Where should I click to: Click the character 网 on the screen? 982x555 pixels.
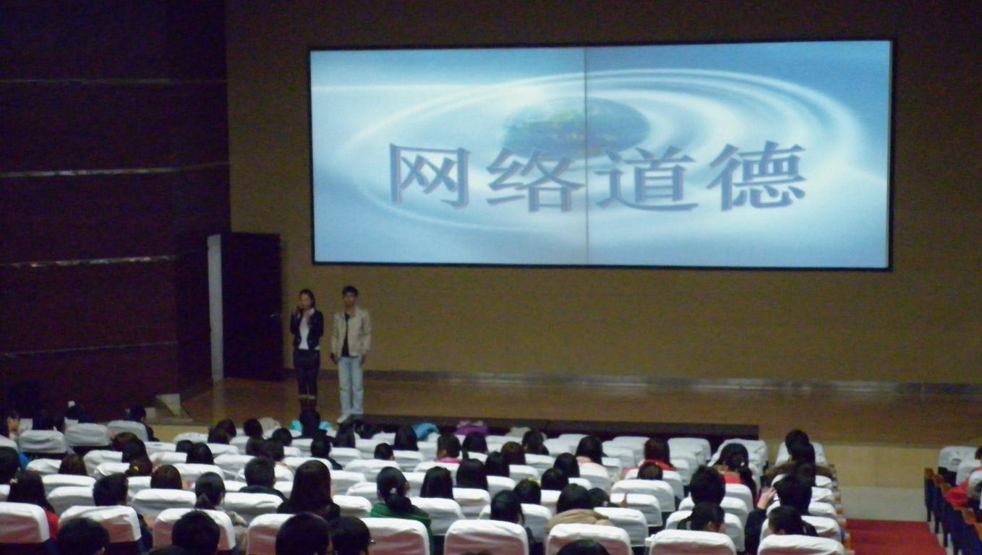click(x=430, y=176)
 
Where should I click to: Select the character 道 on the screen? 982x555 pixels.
click(x=647, y=177)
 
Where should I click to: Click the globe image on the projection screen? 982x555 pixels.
click(x=574, y=127)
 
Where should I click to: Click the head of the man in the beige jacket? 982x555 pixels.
click(x=350, y=298)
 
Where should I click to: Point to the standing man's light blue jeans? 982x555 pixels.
click(x=351, y=385)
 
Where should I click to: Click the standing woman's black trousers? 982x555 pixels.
click(x=307, y=373)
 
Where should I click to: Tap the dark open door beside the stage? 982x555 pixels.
click(x=252, y=306)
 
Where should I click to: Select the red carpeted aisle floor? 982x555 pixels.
click(x=895, y=537)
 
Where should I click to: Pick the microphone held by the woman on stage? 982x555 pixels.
click(x=300, y=311)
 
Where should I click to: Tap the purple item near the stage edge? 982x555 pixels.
click(x=471, y=429)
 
